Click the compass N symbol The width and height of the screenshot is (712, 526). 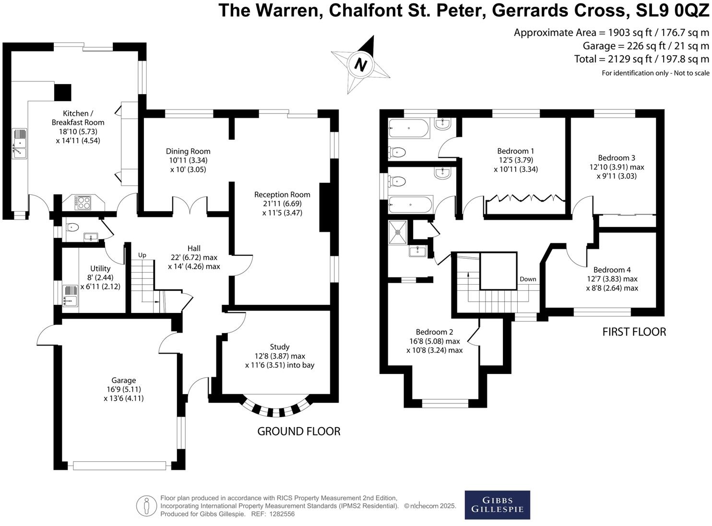(x=361, y=64)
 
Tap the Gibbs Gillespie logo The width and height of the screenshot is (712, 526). (x=497, y=505)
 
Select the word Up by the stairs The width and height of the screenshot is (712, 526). (x=142, y=255)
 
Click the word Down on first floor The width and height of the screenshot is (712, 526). (x=528, y=279)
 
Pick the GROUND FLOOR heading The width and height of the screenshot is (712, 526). (x=299, y=431)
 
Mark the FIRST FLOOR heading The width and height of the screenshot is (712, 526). (x=634, y=332)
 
